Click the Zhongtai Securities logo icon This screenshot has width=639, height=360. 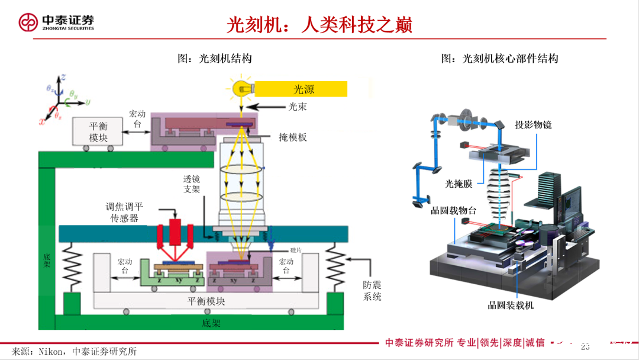tap(28, 23)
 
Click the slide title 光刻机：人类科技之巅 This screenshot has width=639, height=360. tap(319, 24)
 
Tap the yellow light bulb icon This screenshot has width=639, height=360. tap(243, 89)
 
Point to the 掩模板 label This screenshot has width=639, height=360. tap(293, 137)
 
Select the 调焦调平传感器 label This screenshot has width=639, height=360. tap(124, 212)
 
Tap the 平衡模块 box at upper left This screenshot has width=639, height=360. tap(99, 131)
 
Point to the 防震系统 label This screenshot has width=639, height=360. tap(372, 291)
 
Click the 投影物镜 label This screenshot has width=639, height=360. tap(533, 125)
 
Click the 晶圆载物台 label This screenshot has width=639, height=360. tap(453, 210)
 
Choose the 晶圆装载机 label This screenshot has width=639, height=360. tap(511, 305)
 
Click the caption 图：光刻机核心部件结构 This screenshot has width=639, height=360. tap(499, 58)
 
